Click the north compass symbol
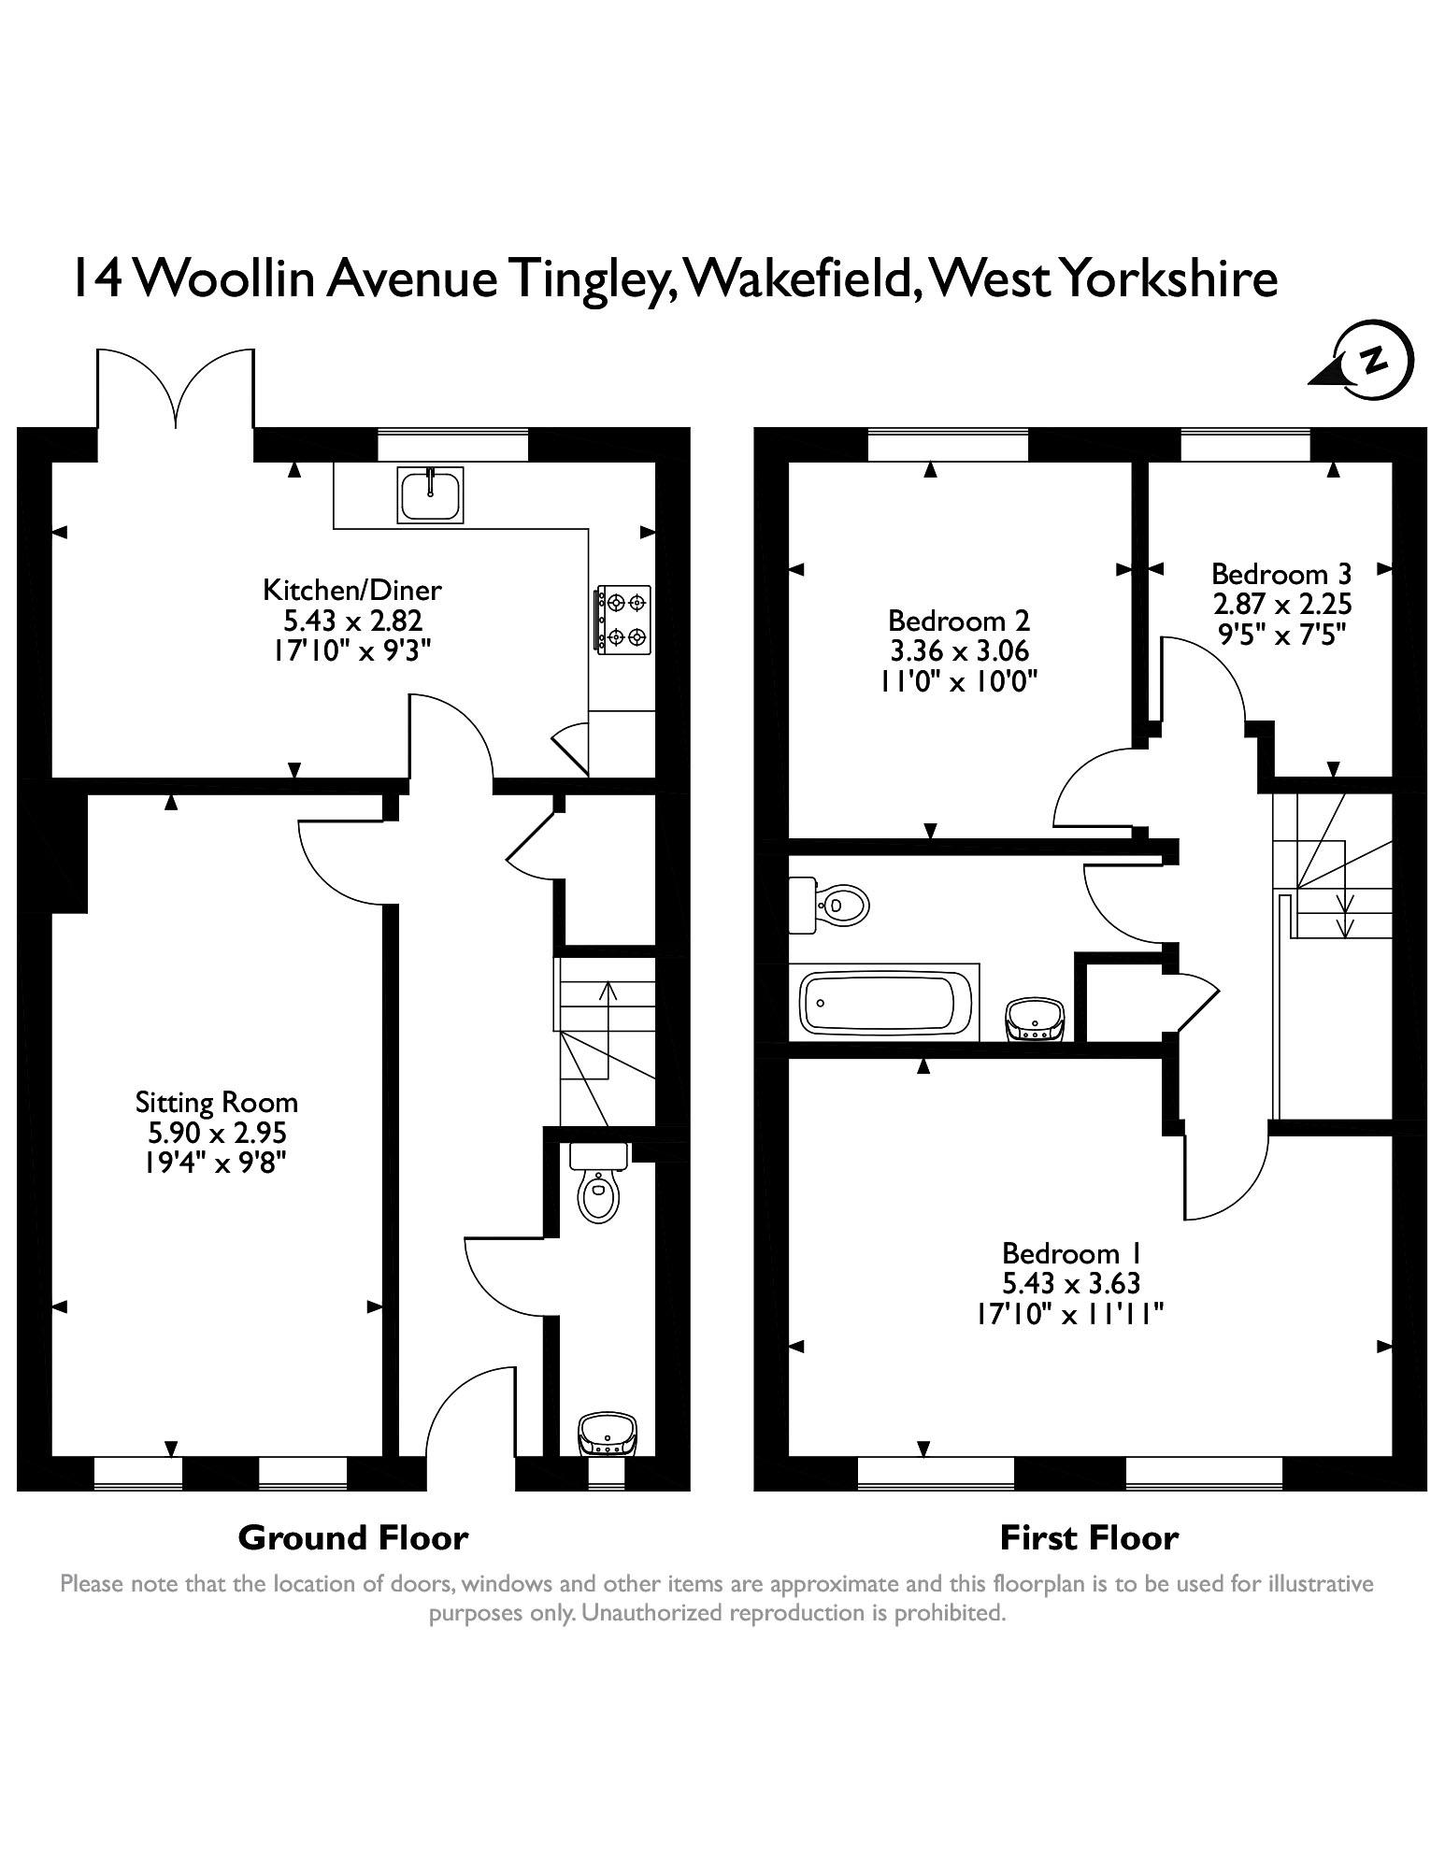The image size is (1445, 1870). pyautogui.click(x=1370, y=361)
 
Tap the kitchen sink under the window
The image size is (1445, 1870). pyautogui.click(x=430, y=494)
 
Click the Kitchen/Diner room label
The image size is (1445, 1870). pyautogui.click(x=351, y=590)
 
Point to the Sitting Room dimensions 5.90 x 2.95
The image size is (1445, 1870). pyautogui.click(x=217, y=1133)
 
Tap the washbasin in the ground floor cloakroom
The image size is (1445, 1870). pyautogui.click(x=608, y=1433)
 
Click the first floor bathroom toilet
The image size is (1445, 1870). pyautogui.click(x=837, y=905)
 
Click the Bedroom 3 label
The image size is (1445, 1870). pyautogui.click(x=1280, y=573)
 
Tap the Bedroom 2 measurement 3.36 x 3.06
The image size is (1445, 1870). pyautogui.click(x=958, y=650)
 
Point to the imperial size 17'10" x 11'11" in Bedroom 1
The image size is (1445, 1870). pyautogui.click(x=1070, y=1314)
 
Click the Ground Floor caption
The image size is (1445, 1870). pyautogui.click(x=352, y=1537)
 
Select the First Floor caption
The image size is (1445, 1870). pyautogui.click(x=1089, y=1537)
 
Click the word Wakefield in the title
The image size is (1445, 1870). pyautogui.click(x=799, y=278)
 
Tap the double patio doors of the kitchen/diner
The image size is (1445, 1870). pyautogui.click(x=176, y=393)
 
